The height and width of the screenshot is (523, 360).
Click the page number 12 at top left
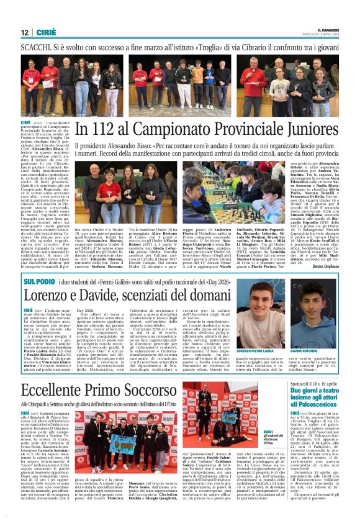coord(24,32)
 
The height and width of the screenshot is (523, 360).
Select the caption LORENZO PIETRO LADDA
coord(254,351)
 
